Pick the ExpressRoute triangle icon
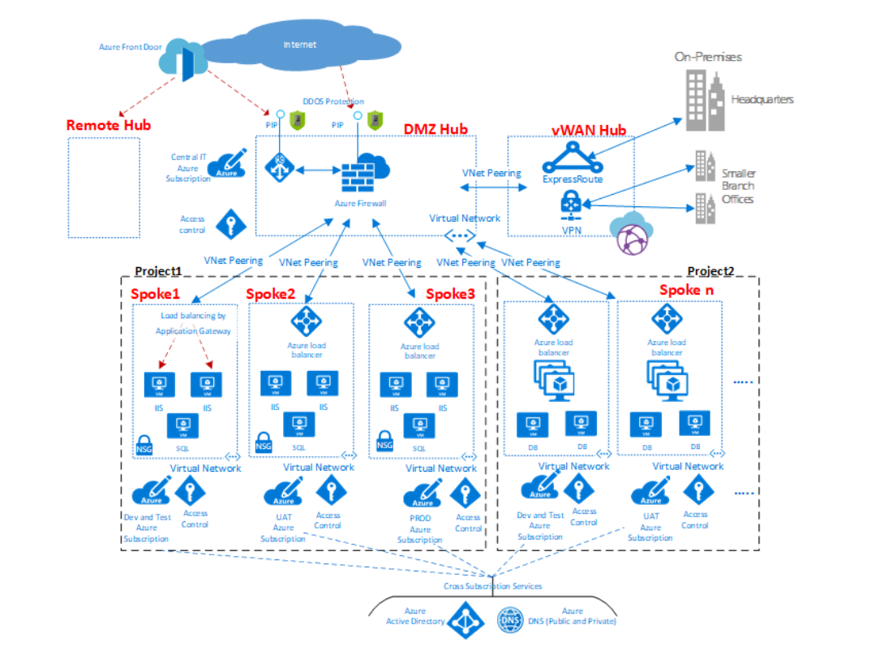tap(572, 156)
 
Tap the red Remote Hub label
tap(108, 125)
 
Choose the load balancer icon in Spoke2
tap(307, 322)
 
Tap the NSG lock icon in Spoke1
tap(144, 445)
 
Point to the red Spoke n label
tap(686, 290)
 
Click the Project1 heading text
tap(157, 271)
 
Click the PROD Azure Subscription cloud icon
tap(422, 493)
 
